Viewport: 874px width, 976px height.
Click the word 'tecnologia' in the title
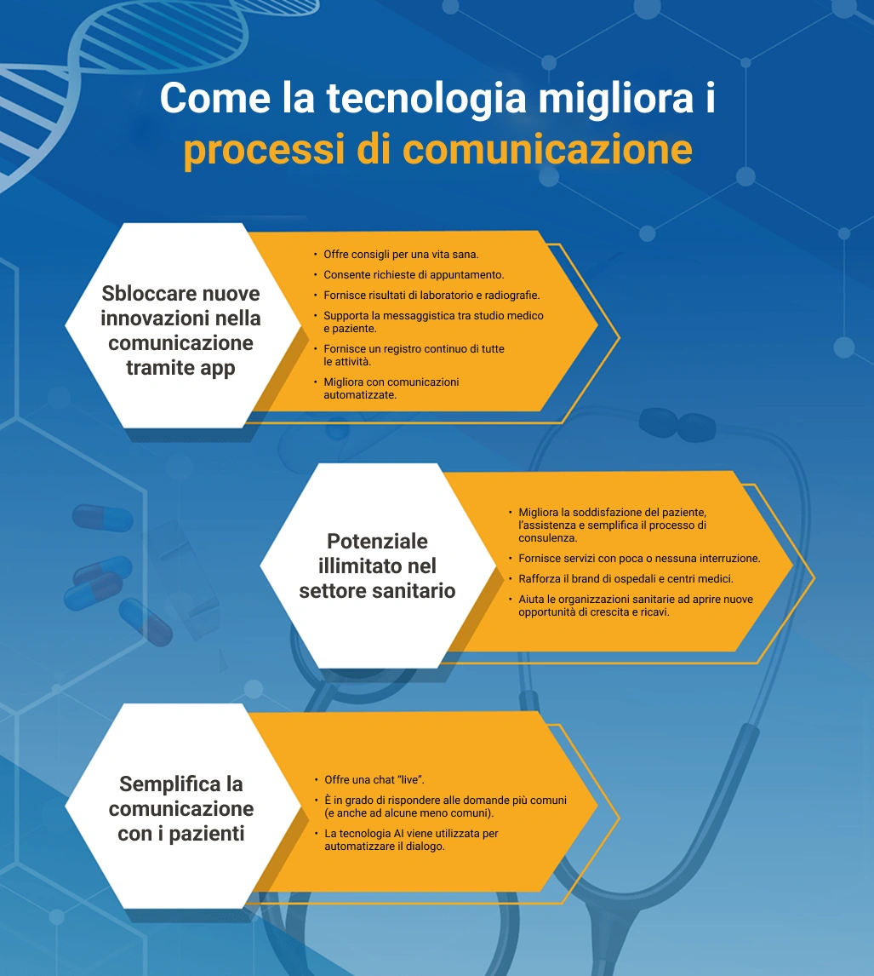[x=426, y=99]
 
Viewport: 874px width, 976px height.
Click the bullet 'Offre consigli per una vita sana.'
[x=401, y=255]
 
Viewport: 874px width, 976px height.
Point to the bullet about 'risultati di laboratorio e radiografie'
[x=431, y=296]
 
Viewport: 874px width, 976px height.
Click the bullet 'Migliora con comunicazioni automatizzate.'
[x=391, y=388]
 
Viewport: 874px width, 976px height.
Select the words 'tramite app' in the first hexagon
[x=180, y=369]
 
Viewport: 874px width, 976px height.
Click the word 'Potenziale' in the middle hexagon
[x=377, y=542]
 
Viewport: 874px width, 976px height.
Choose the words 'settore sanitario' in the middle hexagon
[x=377, y=591]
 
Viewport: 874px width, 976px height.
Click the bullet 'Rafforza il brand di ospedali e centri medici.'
[x=626, y=579]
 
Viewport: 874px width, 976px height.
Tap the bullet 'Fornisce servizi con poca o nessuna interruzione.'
[x=639, y=559]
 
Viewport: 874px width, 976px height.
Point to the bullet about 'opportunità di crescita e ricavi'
[x=635, y=606]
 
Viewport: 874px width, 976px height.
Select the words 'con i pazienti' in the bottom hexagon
[x=181, y=834]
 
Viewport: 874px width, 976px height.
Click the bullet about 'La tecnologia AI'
[x=410, y=840]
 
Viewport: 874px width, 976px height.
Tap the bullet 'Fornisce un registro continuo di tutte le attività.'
[x=414, y=355]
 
